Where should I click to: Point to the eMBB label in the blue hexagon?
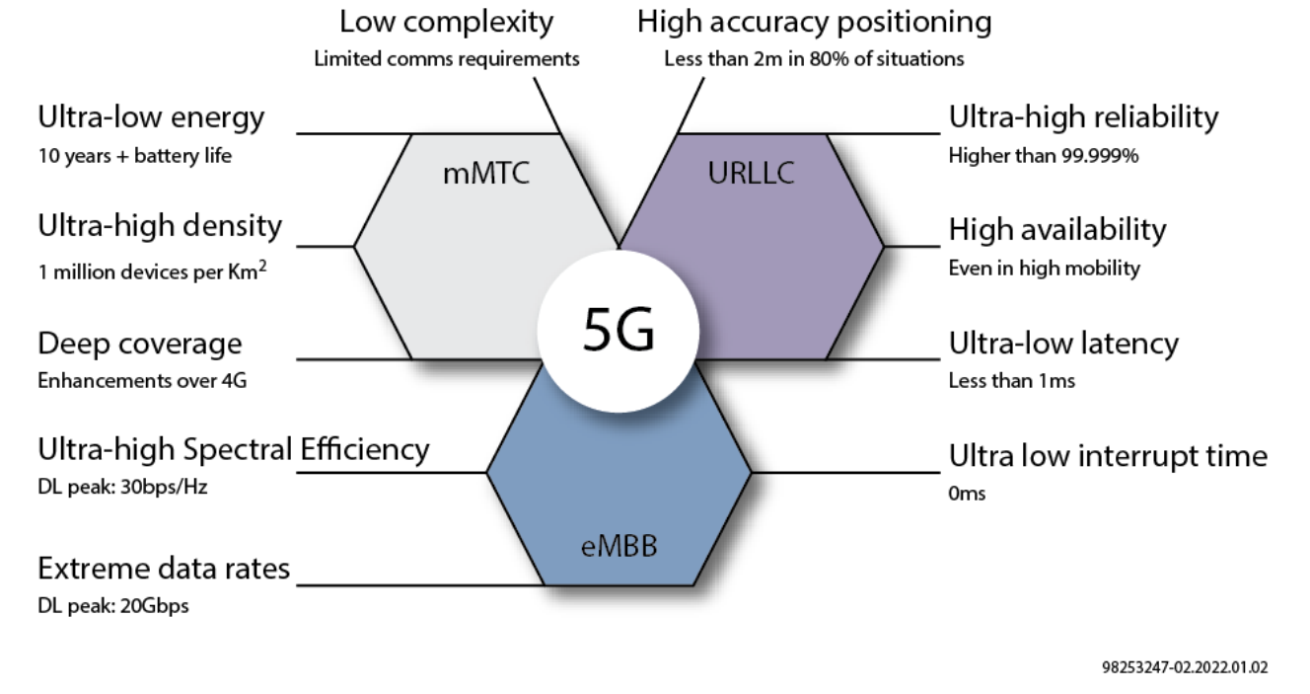(x=619, y=544)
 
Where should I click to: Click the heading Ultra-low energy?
(x=151, y=117)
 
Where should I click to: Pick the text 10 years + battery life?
(x=134, y=156)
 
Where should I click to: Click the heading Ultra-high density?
(x=160, y=226)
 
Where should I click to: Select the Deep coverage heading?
(x=139, y=344)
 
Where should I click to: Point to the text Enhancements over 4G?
(x=142, y=381)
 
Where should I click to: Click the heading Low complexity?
(x=446, y=21)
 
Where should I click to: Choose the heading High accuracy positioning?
(x=814, y=21)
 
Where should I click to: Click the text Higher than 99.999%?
(x=1044, y=155)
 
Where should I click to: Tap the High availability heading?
(x=1056, y=230)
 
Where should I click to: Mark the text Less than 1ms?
(x=1011, y=381)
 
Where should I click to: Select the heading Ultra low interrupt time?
(x=1107, y=456)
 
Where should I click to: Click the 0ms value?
(x=967, y=494)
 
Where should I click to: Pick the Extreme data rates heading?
(x=164, y=569)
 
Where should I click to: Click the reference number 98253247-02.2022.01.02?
(x=1185, y=667)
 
